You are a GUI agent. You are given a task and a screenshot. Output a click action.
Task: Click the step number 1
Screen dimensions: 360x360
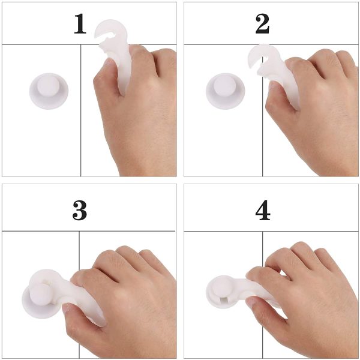(x=80, y=23)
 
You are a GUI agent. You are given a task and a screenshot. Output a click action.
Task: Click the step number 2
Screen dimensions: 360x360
(x=262, y=23)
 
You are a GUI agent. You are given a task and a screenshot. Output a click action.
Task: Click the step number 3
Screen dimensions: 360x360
(x=80, y=211)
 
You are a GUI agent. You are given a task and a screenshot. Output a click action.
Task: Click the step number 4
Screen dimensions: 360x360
(x=263, y=211)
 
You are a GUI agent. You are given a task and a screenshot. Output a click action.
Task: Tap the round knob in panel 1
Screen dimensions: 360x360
(x=49, y=91)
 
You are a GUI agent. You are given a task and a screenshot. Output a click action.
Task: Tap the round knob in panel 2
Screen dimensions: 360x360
(x=225, y=91)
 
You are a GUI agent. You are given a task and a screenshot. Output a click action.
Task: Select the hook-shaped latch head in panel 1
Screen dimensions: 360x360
(x=111, y=34)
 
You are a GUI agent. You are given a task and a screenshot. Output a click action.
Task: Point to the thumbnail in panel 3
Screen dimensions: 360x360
(x=67, y=308)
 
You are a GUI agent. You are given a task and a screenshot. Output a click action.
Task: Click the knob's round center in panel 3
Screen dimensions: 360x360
(x=40, y=295)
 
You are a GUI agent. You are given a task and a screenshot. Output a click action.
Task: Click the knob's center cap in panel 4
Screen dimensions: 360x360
(x=222, y=287)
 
